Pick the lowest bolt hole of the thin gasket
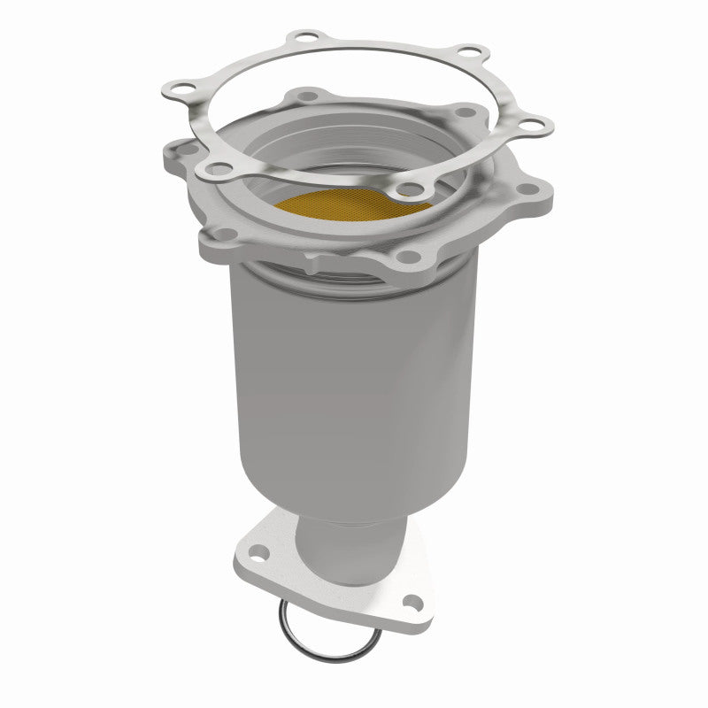409,188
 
